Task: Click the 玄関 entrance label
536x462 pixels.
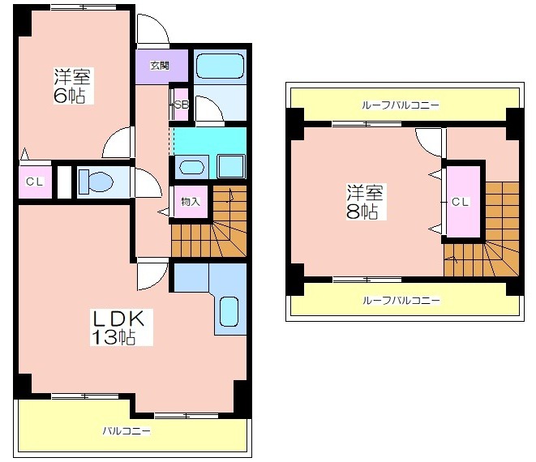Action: pos(160,66)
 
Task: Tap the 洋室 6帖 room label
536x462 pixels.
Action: pos(72,86)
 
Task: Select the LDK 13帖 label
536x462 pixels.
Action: pos(118,328)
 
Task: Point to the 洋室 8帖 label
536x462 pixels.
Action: pos(365,202)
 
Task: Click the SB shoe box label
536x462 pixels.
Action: pos(182,105)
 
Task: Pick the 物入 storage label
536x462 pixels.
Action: pos(191,202)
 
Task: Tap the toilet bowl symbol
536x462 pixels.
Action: pos(96,182)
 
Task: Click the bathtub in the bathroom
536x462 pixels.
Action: pos(220,66)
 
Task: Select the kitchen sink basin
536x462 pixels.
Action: pos(229,311)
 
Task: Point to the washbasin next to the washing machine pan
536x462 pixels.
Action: pos(191,168)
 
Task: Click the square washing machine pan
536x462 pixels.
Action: pos(231,166)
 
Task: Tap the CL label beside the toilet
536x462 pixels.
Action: pos(35,182)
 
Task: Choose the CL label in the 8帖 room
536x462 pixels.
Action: pos(460,202)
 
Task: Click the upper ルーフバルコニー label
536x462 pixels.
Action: pos(400,105)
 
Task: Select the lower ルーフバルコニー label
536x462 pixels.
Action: pos(401,301)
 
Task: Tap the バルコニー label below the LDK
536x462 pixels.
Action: pos(126,430)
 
